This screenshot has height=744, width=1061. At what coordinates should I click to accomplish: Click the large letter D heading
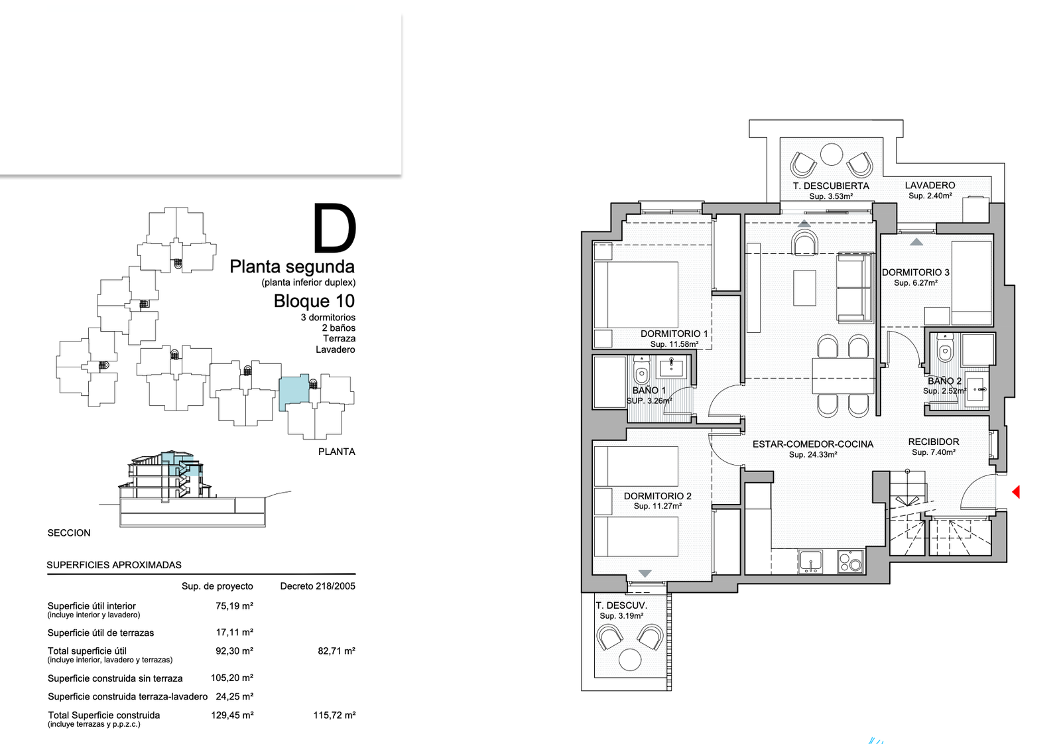pyautogui.click(x=334, y=228)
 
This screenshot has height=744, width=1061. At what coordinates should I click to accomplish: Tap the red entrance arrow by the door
pyautogui.click(x=1016, y=492)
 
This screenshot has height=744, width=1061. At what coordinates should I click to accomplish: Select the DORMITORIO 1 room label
pyautogui.click(x=674, y=334)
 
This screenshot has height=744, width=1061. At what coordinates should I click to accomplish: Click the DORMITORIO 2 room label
pyautogui.click(x=657, y=496)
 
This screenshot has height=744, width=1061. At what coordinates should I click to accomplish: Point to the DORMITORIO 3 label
pyautogui.click(x=916, y=273)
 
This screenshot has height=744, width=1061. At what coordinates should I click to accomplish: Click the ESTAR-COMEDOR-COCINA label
pyautogui.click(x=813, y=444)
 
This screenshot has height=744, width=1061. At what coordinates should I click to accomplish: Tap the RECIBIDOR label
pyautogui.click(x=934, y=442)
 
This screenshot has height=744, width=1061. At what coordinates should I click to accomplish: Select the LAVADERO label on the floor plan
pyautogui.click(x=930, y=186)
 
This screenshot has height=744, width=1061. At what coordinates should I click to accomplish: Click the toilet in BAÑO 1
pyautogui.click(x=642, y=373)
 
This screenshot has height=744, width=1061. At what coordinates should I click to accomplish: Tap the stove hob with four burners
pyautogui.click(x=850, y=562)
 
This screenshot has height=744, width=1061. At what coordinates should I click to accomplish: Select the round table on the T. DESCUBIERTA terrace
pyautogui.click(x=832, y=155)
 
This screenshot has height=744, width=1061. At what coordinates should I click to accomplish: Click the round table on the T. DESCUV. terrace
pyautogui.click(x=630, y=659)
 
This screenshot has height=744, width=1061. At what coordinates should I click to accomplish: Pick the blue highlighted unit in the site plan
pyautogui.click(x=294, y=393)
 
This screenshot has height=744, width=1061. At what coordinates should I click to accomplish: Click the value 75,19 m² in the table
pyautogui.click(x=235, y=606)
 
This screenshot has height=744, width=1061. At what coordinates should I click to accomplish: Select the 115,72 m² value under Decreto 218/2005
pyautogui.click(x=334, y=715)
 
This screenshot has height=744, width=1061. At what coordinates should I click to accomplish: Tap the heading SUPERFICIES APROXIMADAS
pyautogui.click(x=114, y=565)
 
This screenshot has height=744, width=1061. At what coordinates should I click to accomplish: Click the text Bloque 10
pyautogui.click(x=314, y=301)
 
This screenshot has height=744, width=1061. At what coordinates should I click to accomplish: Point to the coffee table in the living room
pyautogui.click(x=805, y=288)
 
